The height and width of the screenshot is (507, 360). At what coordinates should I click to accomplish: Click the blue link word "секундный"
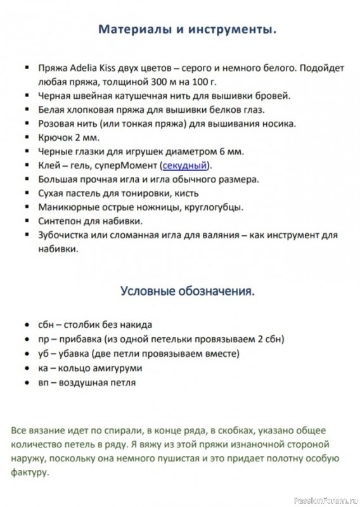(185, 165)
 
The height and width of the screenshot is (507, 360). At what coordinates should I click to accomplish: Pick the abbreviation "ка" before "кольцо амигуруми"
(43, 368)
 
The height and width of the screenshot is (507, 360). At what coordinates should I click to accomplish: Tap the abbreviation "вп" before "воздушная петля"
(44, 383)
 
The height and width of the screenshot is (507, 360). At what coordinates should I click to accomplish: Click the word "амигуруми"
(119, 368)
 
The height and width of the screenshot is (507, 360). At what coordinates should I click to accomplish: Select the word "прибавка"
(84, 339)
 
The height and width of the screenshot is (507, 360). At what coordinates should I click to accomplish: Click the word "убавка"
(78, 354)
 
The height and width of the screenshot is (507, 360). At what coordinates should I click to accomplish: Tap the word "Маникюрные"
(66, 207)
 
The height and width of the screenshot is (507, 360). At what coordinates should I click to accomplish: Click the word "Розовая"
(56, 124)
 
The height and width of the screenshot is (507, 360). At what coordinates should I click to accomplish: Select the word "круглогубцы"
(216, 207)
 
